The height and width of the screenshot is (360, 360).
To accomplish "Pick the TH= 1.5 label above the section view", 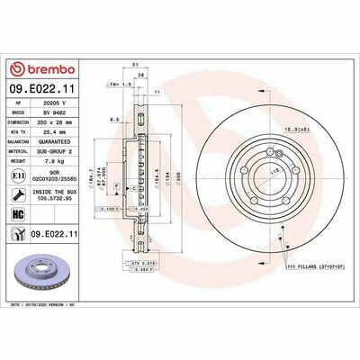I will pos(119,83).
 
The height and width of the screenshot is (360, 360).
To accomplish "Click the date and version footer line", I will pos(54,305).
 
